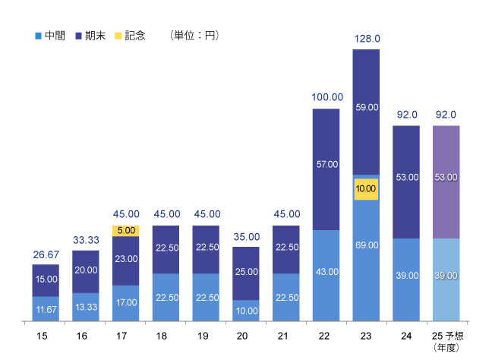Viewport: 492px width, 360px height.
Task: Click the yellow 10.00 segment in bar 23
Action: [x=366, y=189]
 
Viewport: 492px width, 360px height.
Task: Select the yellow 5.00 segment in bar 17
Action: [x=125, y=230]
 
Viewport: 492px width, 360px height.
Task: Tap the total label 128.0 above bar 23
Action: [x=367, y=38]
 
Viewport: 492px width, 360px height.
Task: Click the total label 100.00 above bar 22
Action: [x=326, y=97]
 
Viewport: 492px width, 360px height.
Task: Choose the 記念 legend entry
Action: [x=130, y=35]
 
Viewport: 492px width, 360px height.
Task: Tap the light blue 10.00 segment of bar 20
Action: [x=246, y=311]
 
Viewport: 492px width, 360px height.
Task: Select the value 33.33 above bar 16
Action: [x=86, y=239]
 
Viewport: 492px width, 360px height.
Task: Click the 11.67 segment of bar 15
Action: [x=46, y=309]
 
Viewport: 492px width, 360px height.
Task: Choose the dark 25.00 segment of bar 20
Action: [x=246, y=273]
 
